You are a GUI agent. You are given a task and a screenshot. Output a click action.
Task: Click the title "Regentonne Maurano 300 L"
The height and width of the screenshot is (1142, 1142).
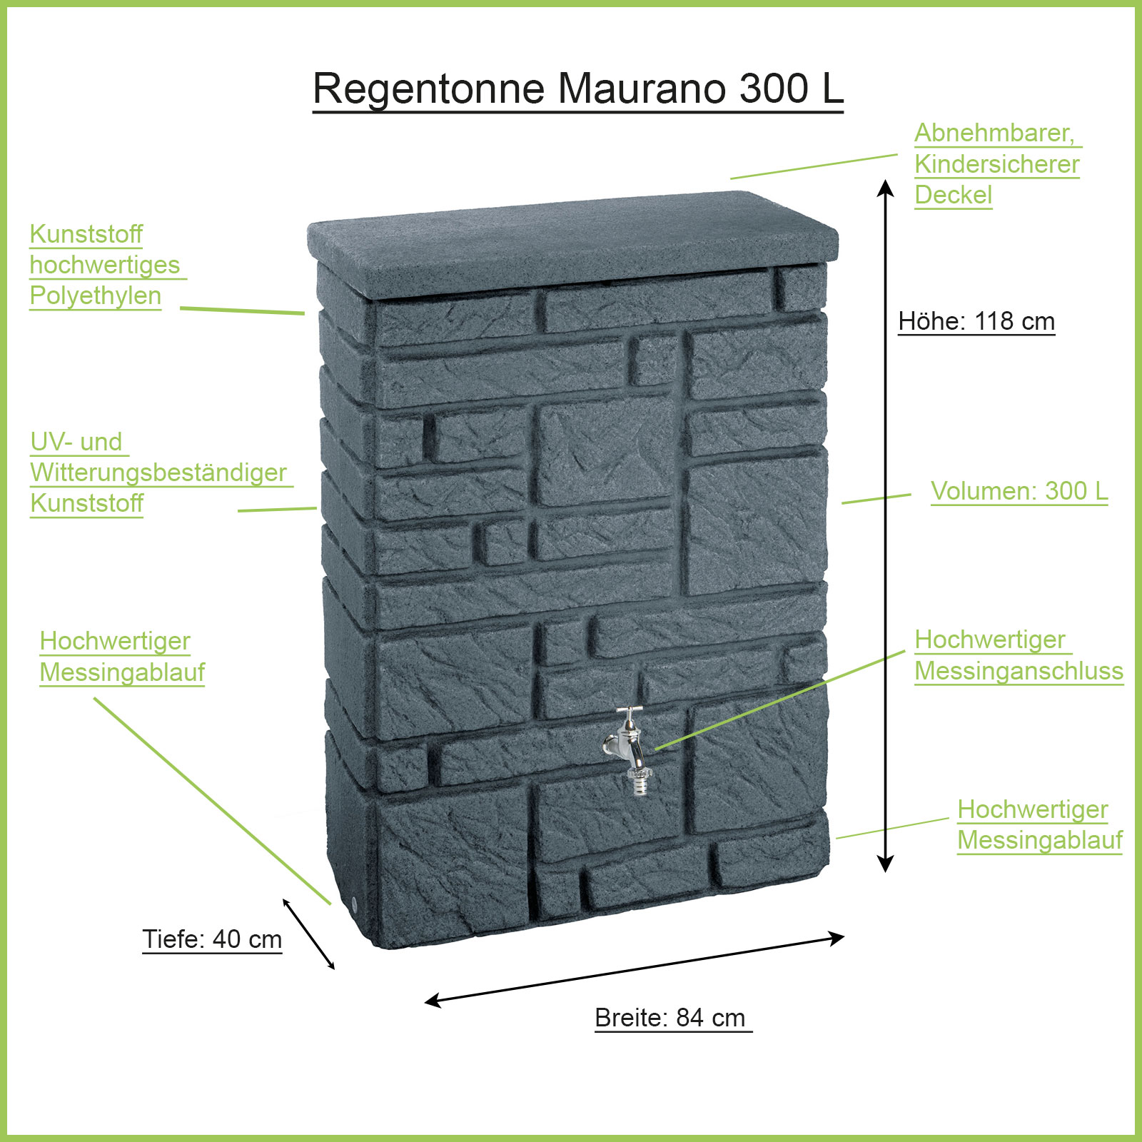pos(578,89)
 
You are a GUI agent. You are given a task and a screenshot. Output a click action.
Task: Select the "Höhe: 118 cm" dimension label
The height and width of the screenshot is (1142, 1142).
pos(976,321)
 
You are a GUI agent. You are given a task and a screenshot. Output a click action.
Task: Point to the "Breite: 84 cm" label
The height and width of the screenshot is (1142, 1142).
pos(670,1017)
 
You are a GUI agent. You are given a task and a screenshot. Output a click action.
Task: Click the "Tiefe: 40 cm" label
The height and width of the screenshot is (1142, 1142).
pos(212,939)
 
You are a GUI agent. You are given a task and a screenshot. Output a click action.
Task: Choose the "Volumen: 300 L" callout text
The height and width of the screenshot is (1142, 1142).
pos(1019,491)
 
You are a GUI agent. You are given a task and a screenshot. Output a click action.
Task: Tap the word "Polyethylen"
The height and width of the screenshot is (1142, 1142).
pos(96,295)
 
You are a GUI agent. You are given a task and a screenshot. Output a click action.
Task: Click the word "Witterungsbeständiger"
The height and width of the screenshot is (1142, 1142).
pos(158,473)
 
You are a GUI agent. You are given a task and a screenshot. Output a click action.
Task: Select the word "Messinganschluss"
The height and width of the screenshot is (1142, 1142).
pos(1019,671)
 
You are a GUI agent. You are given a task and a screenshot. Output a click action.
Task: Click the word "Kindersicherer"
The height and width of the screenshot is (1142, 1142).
pos(996,164)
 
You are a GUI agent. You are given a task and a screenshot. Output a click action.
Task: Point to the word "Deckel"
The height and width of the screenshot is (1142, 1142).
pos(953,195)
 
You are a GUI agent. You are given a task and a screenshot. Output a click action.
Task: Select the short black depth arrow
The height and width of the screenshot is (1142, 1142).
pos(308,934)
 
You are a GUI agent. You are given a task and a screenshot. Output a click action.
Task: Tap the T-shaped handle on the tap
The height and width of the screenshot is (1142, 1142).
pos(630,711)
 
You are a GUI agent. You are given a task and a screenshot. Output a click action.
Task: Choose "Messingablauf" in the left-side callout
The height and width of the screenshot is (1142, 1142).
pos(122,672)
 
